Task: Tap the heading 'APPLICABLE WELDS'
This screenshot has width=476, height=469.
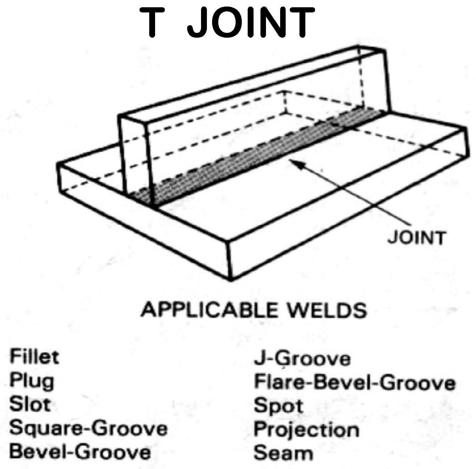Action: coord(254,310)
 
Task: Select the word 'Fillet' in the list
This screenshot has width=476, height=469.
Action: coord(34,357)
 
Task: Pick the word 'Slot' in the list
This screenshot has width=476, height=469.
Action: coord(30,404)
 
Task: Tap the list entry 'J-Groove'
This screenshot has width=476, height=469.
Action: coord(302,359)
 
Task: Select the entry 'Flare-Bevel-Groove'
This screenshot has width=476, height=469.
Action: coord(354,383)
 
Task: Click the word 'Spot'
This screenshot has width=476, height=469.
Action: coord(278,406)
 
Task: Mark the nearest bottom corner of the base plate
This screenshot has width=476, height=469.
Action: coord(231,279)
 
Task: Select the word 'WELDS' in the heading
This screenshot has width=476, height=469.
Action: coord(326,310)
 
